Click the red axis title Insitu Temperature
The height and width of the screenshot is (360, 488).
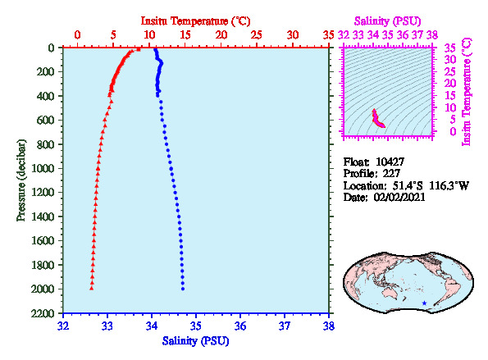coord(185,21)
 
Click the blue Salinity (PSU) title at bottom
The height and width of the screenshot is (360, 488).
coord(195,341)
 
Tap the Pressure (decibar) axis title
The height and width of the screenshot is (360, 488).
coord(21,180)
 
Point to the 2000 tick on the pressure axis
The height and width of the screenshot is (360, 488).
coord(43,289)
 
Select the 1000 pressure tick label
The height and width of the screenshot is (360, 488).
coord(43,168)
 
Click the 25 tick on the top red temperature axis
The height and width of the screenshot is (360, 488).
coord(257,34)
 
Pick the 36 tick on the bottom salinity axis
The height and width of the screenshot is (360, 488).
coord(240,326)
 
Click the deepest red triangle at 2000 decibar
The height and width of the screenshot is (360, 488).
coord(92,289)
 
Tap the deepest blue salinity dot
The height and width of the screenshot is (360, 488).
coord(183,289)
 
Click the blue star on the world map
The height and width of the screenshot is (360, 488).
coord(424,303)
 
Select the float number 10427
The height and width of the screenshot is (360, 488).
coord(390,162)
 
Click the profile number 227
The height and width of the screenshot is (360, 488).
coord(391,173)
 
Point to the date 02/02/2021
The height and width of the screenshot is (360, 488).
coord(399,197)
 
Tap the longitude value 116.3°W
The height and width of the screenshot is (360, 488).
coord(449,185)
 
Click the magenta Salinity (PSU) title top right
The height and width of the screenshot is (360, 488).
coord(387,21)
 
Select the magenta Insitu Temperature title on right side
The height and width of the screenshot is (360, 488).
coord(467,92)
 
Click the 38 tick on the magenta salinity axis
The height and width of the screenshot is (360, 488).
coord(432,34)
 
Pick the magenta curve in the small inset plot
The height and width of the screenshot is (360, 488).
coord(377,120)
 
